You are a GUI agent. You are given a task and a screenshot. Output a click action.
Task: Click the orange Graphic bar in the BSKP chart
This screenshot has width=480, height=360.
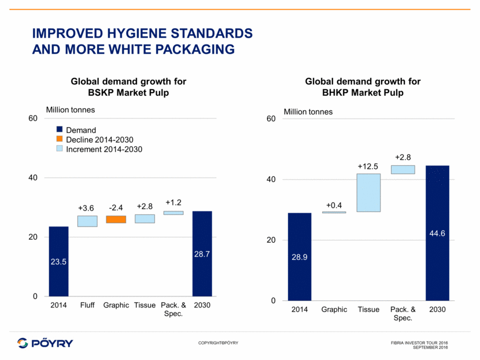[116, 219]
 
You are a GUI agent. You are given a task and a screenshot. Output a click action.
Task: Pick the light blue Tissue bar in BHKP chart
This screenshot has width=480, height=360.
[368, 193]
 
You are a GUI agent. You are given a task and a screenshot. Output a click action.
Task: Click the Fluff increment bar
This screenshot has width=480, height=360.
[87, 221]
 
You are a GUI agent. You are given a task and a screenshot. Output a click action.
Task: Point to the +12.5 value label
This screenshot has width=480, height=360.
[368, 166]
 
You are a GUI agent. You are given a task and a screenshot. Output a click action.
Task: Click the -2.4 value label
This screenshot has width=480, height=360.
[116, 207]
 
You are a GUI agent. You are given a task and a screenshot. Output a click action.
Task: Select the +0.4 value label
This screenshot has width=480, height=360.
[334, 205]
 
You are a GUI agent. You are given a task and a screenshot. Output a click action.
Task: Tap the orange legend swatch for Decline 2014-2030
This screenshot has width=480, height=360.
[60, 140]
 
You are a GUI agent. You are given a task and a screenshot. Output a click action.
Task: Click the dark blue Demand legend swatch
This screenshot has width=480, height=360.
[60, 131]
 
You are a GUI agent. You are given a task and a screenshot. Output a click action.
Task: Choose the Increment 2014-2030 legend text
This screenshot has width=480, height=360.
[104, 149]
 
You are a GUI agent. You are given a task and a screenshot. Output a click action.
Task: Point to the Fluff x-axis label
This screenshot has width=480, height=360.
[87, 305]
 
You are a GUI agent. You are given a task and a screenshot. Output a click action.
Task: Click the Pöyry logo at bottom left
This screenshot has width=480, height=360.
[46, 343]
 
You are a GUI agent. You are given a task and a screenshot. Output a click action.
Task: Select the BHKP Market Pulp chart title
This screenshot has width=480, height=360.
[363, 87]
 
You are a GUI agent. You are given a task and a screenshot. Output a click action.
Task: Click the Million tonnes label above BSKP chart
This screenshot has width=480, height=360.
[71, 109]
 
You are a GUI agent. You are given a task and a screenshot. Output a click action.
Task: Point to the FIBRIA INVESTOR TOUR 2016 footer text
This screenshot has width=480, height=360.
[419, 343]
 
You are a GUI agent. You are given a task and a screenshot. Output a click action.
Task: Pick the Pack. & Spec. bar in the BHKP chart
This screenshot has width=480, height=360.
[403, 169]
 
